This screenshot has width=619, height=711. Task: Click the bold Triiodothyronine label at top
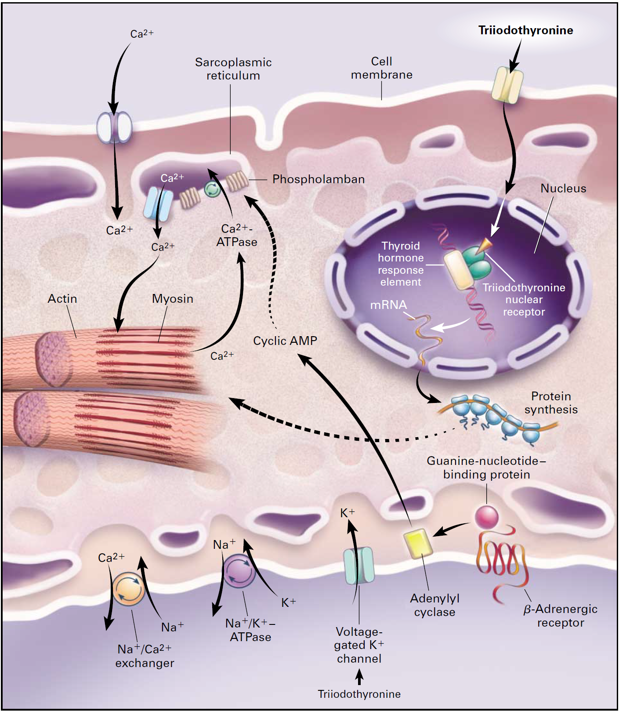click(525, 30)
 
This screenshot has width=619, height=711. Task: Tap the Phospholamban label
click(319, 179)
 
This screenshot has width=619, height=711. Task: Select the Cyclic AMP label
click(285, 341)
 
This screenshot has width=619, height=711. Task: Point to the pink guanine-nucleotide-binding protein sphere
click(486, 517)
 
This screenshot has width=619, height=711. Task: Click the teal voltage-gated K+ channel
click(358, 566)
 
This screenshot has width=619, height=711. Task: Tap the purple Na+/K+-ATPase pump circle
click(239, 571)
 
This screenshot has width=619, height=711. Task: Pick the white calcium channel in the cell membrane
click(114, 127)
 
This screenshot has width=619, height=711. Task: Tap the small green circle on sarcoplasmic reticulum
click(212, 189)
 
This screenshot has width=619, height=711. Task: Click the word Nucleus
click(563, 189)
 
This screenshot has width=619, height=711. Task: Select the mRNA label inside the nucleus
click(388, 305)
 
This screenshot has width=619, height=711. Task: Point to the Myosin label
click(172, 299)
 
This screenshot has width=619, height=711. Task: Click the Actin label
click(62, 299)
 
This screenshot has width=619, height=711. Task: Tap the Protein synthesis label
click(551, 403)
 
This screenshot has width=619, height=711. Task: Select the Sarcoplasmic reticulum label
click(233, 69)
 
